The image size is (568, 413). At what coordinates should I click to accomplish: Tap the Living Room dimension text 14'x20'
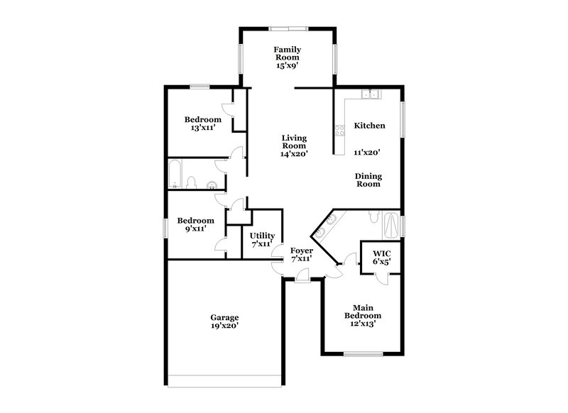pyautogui.click(x=293, y=153)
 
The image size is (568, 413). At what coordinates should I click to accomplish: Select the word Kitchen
pyautogui.click(x=369, y=126)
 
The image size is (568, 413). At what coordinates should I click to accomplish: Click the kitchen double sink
pyautogui.click(x=369, y=94)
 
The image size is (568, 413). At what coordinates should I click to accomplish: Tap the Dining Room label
pyautogui.click(x=368, y=180)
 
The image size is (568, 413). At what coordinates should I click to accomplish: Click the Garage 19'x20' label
pyautogui.click(x=224, y=321)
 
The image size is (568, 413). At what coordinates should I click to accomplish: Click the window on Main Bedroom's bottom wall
pyautogui.click(x=363, y=353)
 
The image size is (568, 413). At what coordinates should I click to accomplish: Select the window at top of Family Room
pyautogui.click(x=288, y=28)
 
